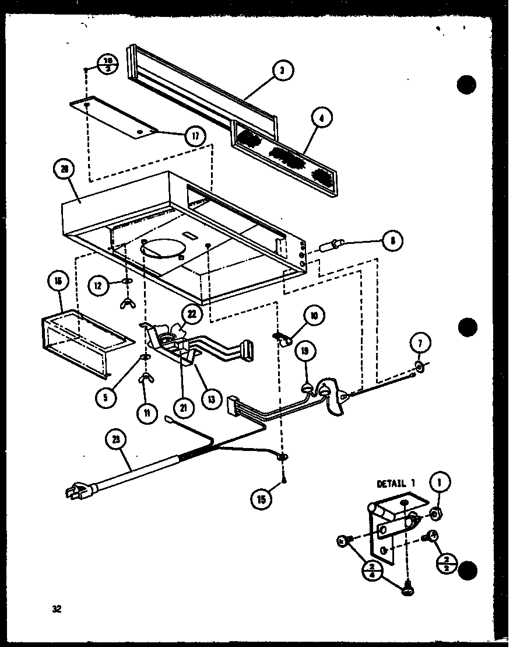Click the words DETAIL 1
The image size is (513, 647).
coord(396,484)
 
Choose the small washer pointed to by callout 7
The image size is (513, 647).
coord(419,366)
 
